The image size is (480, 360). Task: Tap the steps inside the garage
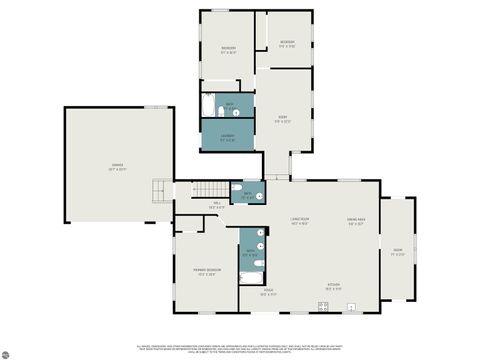(x=157, y=189)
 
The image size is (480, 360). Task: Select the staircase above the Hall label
(x=211, y=190)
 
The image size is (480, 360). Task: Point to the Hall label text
(x=216, y=206)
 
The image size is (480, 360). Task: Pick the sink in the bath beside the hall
(x=260, y=196)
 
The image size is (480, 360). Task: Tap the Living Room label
(x=298, y=221)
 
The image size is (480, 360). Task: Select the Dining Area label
(x=356, y=221)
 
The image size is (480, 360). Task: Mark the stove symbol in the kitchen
(x=323, y=305)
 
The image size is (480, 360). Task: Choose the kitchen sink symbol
(x=351, y=306)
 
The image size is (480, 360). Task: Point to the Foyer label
(x=267, y=293)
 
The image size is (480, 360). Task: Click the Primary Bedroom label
(x=204, y=272)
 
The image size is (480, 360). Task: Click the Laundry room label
(x=228, y=137)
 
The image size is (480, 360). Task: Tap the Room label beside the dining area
(x=398, y=250)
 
